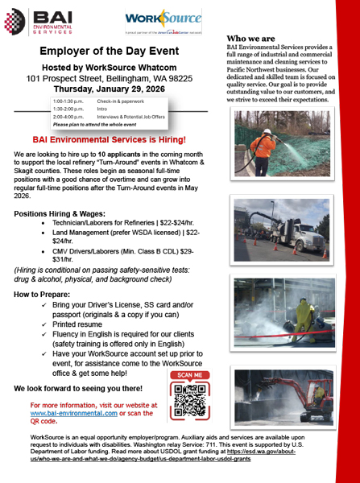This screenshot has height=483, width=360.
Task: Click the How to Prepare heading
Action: click(43, 295)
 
